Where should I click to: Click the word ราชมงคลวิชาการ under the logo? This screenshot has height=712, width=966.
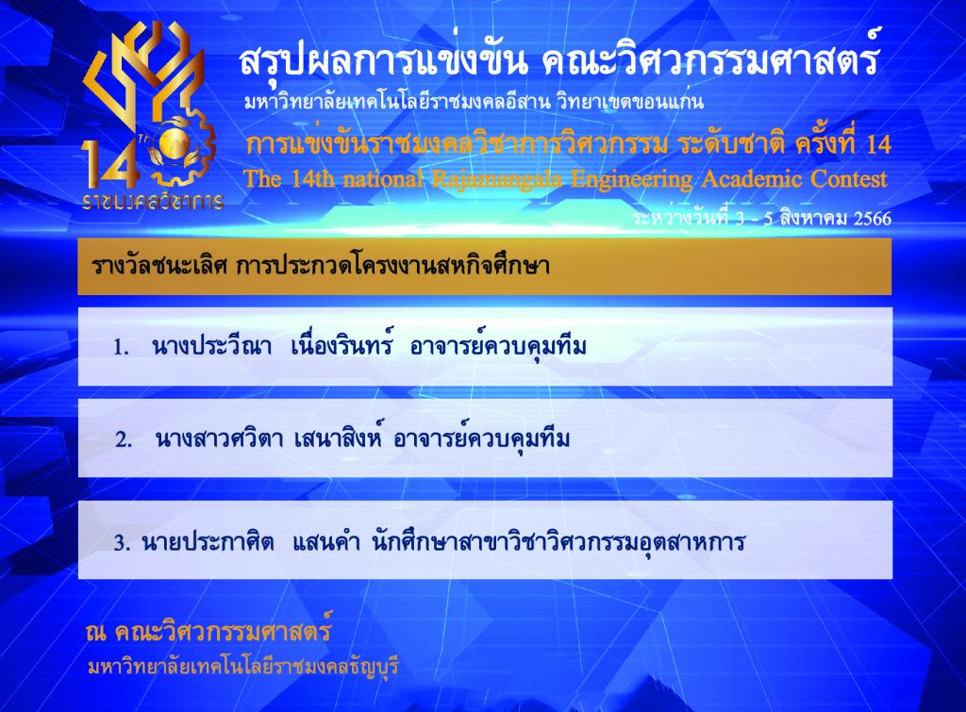pyautogui.click(x=153, y=201)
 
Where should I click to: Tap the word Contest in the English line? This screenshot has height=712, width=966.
pyautogui.click(x=848, y=178)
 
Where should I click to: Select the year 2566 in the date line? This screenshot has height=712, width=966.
pyautogui.click(x=873, y=219)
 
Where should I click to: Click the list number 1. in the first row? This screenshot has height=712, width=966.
pyautogui.click(x=121, y=348)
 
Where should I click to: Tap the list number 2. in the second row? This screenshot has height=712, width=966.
pyautogui.click(x=124, y=439)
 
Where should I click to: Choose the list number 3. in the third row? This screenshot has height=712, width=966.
pyautogui.click(x=122, y=543)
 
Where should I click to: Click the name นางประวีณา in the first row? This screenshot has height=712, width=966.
pyautogui.click(x=211, y=347)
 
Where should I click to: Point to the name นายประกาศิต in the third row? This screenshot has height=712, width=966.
pyautogui.click(x=208, y=542)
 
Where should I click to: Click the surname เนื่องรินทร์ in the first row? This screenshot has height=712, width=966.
pyautogui.click(x=341, y=345)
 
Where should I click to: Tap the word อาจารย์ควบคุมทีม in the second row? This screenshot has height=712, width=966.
pyautogui.click(x=481, y=438)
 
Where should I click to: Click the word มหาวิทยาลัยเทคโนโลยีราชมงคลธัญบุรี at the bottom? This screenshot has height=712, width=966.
pyautogui.click(x=243, y=667)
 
